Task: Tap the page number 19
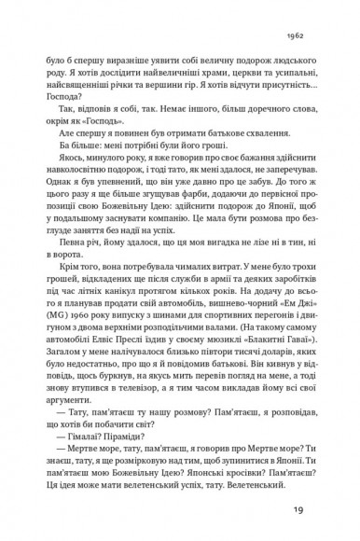point(323,509)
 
